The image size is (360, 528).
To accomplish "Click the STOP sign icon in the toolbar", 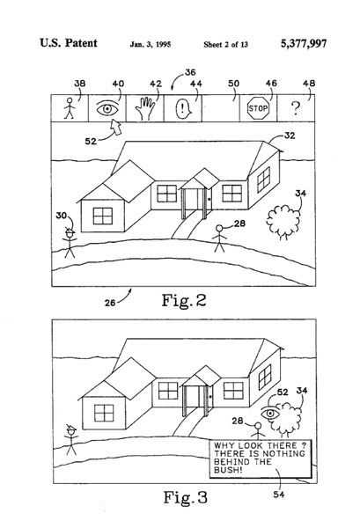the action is (258, 108).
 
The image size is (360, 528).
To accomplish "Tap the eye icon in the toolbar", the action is (107, 108).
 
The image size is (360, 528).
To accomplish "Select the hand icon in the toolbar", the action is (145, 108).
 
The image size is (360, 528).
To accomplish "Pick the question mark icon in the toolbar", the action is (296, 108).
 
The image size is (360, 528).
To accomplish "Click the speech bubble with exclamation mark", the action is (183, 109).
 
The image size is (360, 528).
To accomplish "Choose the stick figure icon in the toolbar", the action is (70, 108).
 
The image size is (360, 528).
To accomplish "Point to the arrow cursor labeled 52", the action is (116, 128).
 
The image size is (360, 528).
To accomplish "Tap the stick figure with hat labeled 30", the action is (70, 243).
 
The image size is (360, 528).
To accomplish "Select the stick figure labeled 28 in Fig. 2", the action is (219, 238).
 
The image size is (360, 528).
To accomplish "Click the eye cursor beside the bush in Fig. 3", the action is (270, 413).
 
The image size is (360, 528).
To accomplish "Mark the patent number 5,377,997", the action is (304, 43).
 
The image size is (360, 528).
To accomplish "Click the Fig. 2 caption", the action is (184, 300).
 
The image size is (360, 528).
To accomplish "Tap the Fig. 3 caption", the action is (185, 497).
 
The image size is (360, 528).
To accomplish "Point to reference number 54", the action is (279, 495).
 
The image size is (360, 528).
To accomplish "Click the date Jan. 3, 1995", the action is (151, 44).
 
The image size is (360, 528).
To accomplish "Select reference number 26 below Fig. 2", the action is (110, 303).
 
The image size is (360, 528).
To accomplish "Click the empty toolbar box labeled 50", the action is (221, 108).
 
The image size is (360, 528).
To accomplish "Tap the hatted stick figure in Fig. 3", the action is (71, 439).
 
